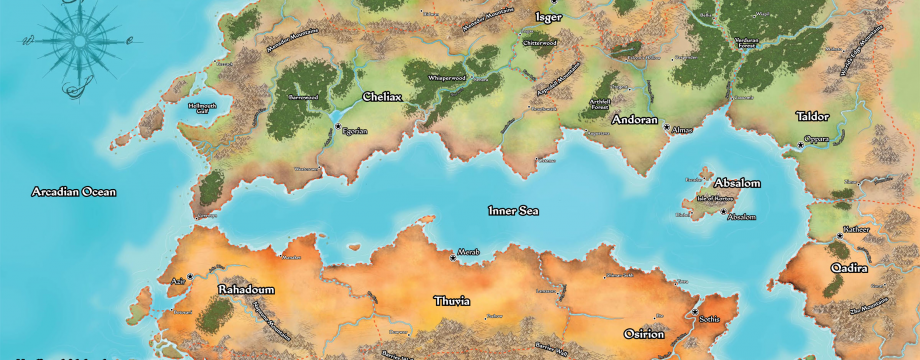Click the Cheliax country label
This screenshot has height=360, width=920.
point(381,99)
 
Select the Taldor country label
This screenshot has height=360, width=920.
point(812,116)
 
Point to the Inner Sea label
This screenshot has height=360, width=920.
point(513,211)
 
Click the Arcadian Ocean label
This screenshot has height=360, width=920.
point(73,191)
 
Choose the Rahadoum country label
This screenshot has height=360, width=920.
point(245,290)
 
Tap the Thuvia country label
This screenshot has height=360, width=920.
point(451,300)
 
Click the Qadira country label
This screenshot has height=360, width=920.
point(848,268)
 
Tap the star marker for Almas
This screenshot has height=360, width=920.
point(667,127)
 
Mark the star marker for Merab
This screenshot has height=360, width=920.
point(452,257)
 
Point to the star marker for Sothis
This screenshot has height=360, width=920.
point(695,312)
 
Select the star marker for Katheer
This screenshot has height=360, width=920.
point(840,236)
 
